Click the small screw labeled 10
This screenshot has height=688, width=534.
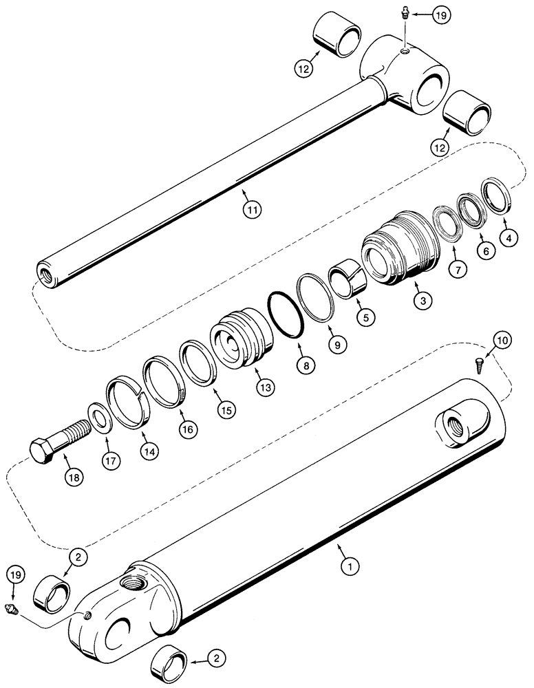point(481,365)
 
